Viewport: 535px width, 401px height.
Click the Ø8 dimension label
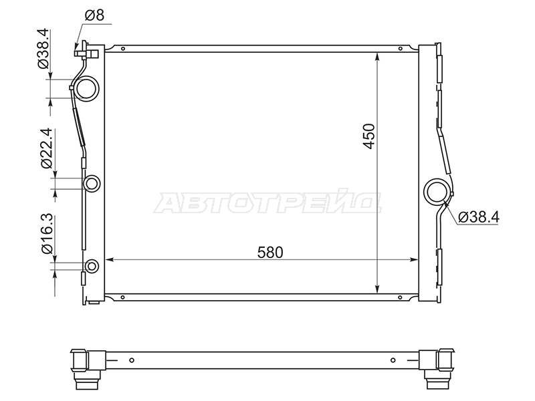tap(94, 15)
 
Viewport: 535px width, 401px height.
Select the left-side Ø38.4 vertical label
tap(44, 49)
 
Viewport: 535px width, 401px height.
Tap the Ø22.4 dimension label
tap(46, 148)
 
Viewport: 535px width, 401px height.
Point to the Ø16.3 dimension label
tap(47, 233)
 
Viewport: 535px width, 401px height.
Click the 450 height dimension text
tap(369, 136)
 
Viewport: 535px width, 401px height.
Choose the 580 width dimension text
tap(270, 253)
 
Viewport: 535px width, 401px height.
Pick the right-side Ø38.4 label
tap(479, 217)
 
